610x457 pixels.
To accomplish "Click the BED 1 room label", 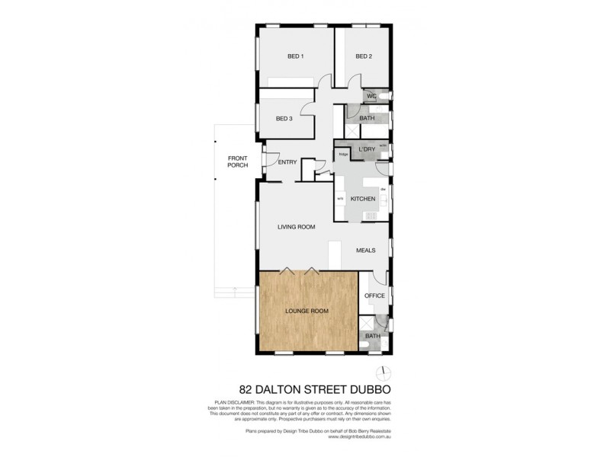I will click(296, 56).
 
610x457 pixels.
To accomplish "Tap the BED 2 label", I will click(364, 56).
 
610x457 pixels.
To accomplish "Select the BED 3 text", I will click(284, 118).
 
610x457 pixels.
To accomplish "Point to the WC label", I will click(372, 97).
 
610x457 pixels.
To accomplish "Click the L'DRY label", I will click(366, 149).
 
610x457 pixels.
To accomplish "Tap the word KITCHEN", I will click(363, 199).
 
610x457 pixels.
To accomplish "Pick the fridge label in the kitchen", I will click(343, 155).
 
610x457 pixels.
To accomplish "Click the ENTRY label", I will click(287, 161).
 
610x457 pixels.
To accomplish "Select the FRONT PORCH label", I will click(238, 161).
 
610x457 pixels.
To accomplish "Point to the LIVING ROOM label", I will click(296, 227).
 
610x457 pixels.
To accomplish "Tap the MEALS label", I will click(366, 250).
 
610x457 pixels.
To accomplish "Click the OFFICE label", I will click(374, 296).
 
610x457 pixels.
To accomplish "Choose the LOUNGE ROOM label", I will click(307, 312).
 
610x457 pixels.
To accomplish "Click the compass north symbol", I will click(384, 372).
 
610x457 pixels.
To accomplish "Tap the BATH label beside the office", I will click(372, 336).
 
